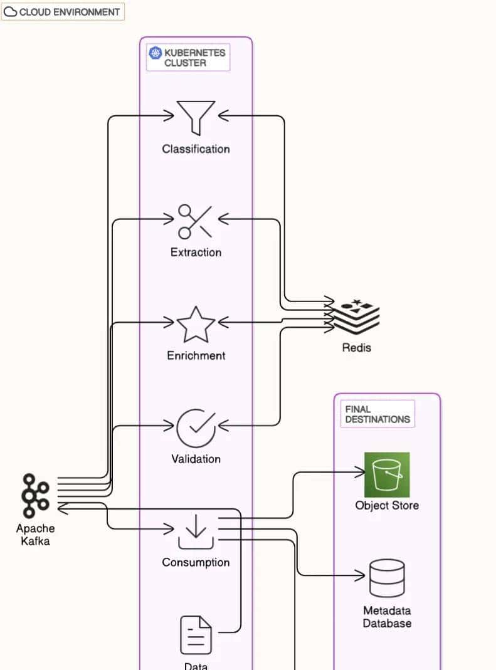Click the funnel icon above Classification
point(196,116)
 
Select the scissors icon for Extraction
point(195,221)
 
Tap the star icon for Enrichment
point(196,324)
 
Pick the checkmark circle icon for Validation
point(196,427)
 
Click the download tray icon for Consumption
point(196,531)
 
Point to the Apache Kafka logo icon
point(35,496)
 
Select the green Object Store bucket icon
point(387,474)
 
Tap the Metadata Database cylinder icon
point(387,578)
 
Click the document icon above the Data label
point(196,634)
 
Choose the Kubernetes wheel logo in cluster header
point(155,53)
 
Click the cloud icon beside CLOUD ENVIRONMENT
point(11,11)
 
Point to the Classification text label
point(196,149)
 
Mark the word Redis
point(356,347)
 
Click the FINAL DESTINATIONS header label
point(377,414)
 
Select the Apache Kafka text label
point(35,535)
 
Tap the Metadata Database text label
point(387,617)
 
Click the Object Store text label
point(387,506)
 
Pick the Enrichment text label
point(196,355)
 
